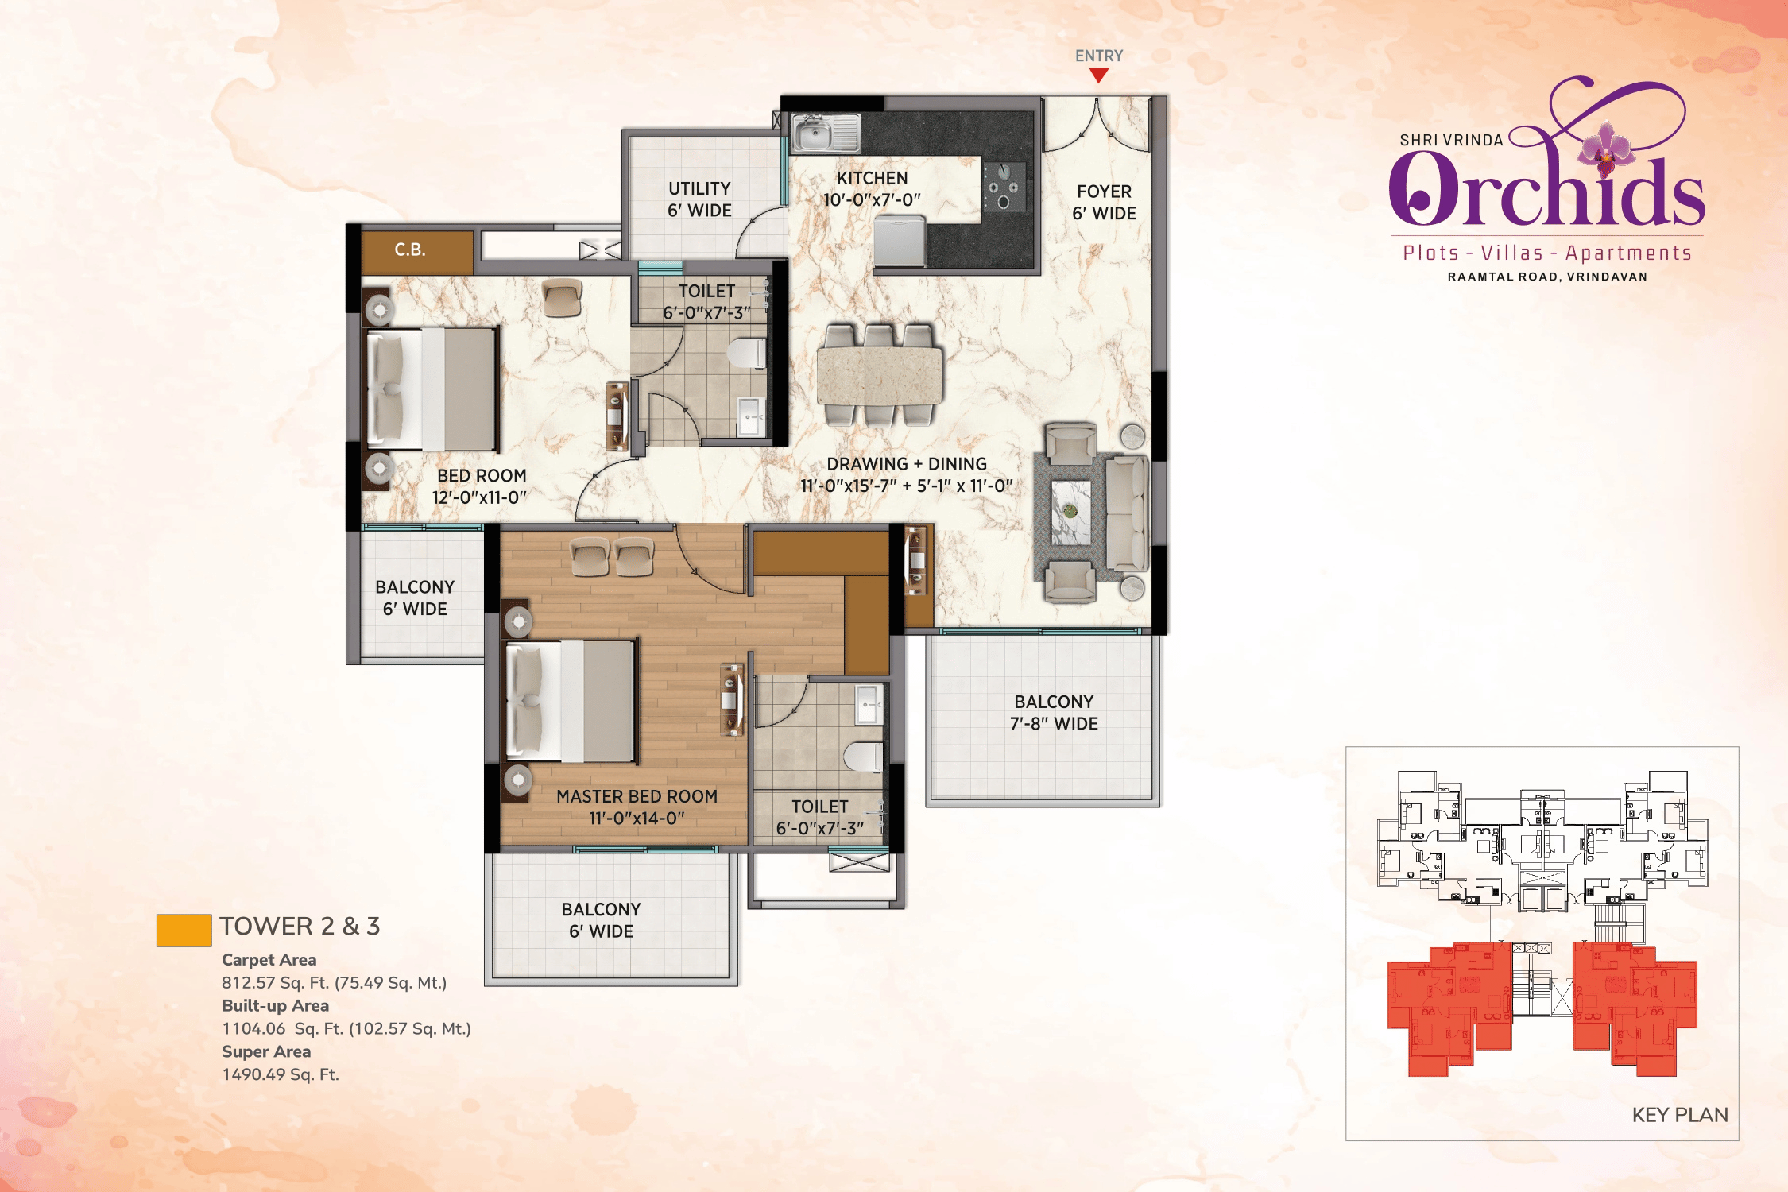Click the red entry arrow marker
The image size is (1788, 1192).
pos(1099,75)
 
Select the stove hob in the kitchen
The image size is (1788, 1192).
pos(1004,187)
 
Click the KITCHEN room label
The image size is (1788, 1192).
pos(872,178)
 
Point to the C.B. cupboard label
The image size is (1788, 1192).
pos(410,250)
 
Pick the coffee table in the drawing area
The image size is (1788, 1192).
pos(1071,513)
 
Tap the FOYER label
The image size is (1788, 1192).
pos(1104,192)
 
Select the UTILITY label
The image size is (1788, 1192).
pos(699,188)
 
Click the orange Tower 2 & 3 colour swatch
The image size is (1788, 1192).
pos(184,930)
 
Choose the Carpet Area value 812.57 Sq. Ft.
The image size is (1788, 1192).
pos(334,982)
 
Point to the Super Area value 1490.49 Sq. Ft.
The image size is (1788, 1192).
pos(281,1074)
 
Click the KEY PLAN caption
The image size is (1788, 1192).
pos(1680,1115)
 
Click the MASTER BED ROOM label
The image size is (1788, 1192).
pos(637,796)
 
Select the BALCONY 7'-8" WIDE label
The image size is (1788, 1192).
pos(1054,713)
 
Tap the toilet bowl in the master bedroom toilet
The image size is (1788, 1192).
pos(863,757)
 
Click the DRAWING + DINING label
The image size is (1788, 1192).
pos(907,464)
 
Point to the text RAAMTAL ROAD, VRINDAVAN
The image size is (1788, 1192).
pos(1547,277)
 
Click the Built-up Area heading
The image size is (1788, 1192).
pos(275,1005)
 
